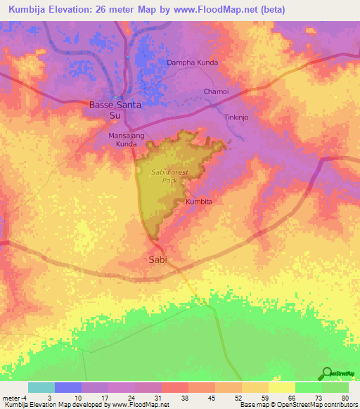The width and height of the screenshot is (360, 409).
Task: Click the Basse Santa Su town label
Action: coord(115,110)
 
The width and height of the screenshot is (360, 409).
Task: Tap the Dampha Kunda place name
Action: coord(192,63)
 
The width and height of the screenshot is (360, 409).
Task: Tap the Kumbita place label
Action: coord(198,202)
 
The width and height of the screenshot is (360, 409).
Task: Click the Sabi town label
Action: coord(158,259)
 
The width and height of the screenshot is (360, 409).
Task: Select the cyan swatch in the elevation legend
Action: coord(41,387)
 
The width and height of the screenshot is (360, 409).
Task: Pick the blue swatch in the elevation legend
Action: coord(68,387)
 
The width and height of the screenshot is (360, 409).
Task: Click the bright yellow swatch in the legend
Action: coord(282,387)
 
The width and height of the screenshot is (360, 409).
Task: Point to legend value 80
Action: coord(344,398)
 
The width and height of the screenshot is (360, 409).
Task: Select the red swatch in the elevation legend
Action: coord(175,387)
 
